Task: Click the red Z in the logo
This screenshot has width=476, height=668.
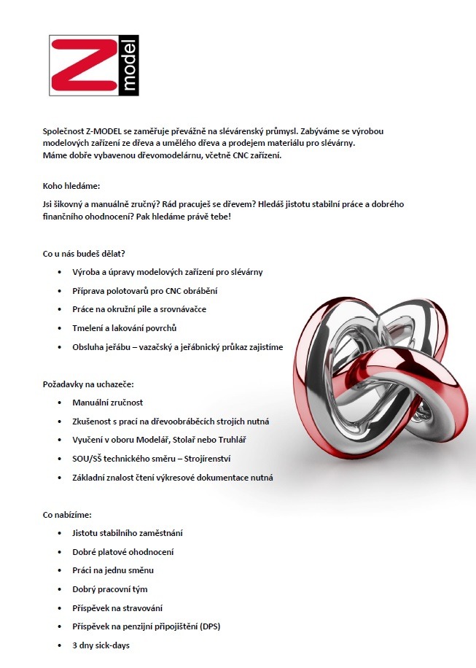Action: pos(82,66)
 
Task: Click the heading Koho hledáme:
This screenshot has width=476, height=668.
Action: pos(71,186)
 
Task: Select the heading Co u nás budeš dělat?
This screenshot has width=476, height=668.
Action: pos(84,253)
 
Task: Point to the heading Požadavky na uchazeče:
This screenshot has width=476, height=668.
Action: pos(88,384)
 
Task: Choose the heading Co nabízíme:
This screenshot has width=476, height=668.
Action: pos(67,514)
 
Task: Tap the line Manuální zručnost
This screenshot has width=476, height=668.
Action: pos(107,403)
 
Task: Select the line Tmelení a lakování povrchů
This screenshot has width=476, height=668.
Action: pos(124,327)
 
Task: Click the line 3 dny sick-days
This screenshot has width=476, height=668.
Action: pos(101,645)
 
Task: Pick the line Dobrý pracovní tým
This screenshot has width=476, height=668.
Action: pos(109,589)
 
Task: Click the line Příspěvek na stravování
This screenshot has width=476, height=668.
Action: pos(117,608)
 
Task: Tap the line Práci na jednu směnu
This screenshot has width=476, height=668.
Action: pos(112,570)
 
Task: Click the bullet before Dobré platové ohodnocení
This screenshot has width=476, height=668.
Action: pos(59,552)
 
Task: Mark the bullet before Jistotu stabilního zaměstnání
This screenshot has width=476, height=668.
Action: pos(59,533)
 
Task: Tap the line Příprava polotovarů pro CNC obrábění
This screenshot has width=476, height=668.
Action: pos(145,290)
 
